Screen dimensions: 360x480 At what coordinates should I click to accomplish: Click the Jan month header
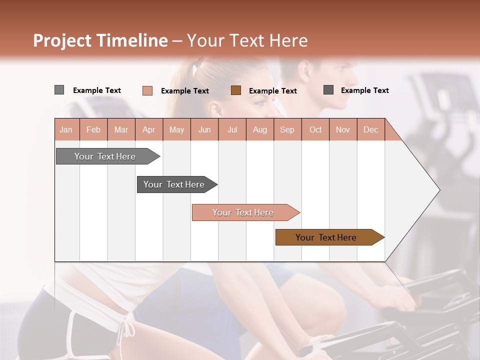[x=66, y=129]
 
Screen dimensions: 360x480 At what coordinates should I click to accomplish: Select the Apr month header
[x=149, y=129]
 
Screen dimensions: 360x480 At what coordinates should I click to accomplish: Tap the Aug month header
[x=260, y=129]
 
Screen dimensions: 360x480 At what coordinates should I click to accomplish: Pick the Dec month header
[x=370, y=129]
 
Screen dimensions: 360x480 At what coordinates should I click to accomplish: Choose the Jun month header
[x=204, y=129]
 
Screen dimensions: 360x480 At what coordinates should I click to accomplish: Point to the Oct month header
[x=315, y=129]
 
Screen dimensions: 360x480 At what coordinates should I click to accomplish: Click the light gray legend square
[x=59, y=90]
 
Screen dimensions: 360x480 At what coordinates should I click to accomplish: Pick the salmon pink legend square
[x=147, y=90]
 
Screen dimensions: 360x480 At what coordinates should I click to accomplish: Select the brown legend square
[x=236, y=90]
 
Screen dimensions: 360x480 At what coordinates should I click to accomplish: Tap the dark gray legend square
[x=328, y=90]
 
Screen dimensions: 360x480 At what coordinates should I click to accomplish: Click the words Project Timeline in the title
[x=100, y=40]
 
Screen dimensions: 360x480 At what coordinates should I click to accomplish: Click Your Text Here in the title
[x=247, y=40]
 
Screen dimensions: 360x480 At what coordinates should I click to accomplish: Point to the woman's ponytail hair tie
[x=200, y=64]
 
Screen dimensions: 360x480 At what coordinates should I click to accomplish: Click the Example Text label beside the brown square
[x=272, y=91]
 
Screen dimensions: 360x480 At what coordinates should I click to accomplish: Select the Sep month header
[x=287, y=129]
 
